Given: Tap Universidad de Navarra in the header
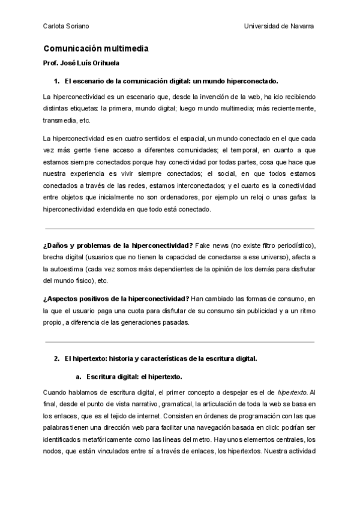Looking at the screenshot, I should (280, 26).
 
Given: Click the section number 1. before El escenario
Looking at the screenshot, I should (57, 80).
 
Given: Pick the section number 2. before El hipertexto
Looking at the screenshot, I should (57, 359).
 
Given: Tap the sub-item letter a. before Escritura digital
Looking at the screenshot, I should (79, 376).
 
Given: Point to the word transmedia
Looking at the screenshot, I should (61, 119).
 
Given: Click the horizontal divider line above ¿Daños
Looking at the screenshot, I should (179, 228).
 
